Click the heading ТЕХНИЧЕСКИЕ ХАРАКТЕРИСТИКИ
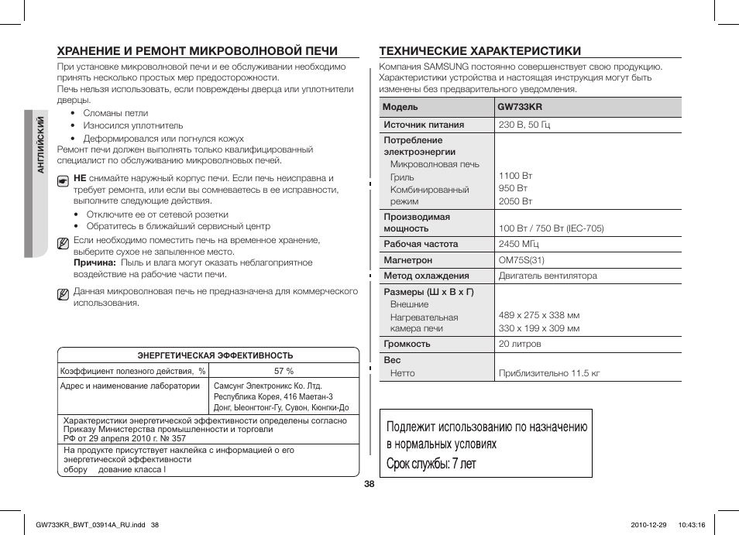[x=479, y=51]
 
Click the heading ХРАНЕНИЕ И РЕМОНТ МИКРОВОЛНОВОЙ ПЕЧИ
[x=197, y=51]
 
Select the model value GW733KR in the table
[x=521, y=107]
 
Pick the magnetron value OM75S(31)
[x=521, y=260]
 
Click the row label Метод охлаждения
[x=426, y=276]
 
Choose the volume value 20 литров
[x=520, y=344]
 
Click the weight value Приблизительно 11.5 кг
[x=549, y=373]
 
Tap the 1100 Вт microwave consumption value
[x=515, y=176]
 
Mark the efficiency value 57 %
[x=284, y=371]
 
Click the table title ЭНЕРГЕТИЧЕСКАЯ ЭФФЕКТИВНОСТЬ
[x=215, y=355]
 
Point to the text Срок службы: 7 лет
[x=431, y=464]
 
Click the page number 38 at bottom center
[x=369, y=484]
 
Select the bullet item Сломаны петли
[x=115, y=113]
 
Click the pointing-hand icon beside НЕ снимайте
[x=64, y=180]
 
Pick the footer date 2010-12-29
[x=642, y=524]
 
